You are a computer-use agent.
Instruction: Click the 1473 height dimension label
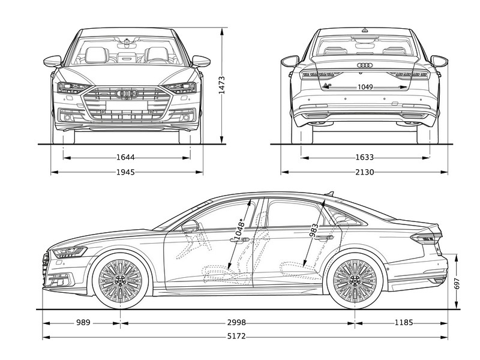pyautogui.click(x=221, y=85)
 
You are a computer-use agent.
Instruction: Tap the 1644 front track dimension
pyautogui.click(x=125, y=157)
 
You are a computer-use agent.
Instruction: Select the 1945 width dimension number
pyautogui.click(x=125, y=172)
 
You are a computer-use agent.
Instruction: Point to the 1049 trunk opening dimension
pyautogui.click(x=365, y=87)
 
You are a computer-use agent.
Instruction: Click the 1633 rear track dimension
pyautogui.click(x=365, y=157)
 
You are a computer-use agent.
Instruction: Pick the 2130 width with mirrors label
pyautogui.click(x=365, y=172)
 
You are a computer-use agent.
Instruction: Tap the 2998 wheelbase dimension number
pyautogui.click(x=236, y=322)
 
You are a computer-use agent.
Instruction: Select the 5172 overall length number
pyautogui.click(x=236, y=337)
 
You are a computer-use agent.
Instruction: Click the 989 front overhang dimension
pyautogui.click(x=83, y=322)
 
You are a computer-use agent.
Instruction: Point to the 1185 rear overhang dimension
pyautogui.click(x=404, y=322)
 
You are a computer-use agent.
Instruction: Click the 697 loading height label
pyautogui.click(x=457, y=284)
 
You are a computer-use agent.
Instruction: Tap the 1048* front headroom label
pyautogui.click(x=239, y=229)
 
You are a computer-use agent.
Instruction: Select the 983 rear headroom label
pyautogui.click(x=314, y=230)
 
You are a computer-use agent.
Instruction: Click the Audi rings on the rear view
pyautogui.click(x=365, y=65)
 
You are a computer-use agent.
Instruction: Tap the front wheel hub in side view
pyautogui.click(x=121, y=280)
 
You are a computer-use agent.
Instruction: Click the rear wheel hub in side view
pyautogui.click(x=355, y=280)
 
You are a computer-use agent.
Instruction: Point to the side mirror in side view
pyautogui.click(x=190, y=226)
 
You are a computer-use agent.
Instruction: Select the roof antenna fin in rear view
pyautogui.click(x=365, y=30)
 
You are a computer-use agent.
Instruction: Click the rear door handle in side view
pyautogui.click(x=324, y=237)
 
